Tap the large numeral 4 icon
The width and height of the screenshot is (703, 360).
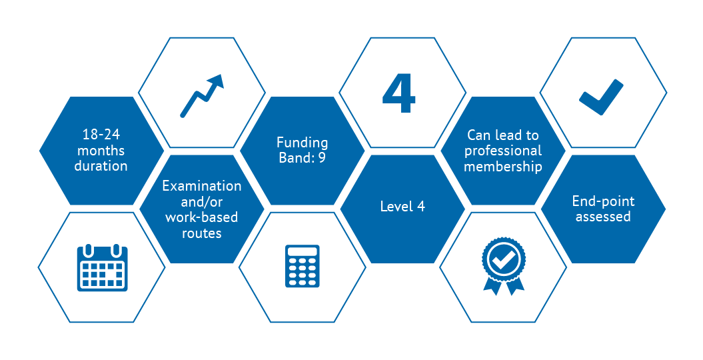click(x=398, y=93)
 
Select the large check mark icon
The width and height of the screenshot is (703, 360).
click(x=601, y=97)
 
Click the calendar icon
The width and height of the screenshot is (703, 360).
click(x=102, y=267)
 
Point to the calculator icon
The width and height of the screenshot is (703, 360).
click(x=303, y=266)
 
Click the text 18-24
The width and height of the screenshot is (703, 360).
click(x=101, y=134)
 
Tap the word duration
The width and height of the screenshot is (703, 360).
click(x=101, y=166)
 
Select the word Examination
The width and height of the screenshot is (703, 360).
click(x=202, y=185)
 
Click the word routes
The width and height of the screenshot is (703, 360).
click(x=202, y=233)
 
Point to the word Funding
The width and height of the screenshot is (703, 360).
click(x=302, y=143)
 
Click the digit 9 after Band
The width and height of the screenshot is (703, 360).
click(x=322, y=158)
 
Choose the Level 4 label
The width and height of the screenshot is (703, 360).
click(x=402, y=206)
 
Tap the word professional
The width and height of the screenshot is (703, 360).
click(x=503, y=151)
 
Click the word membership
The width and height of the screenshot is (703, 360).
click(x=503, y=166)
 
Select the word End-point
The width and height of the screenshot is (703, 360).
click(x=604, y=201)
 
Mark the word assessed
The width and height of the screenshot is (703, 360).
click(x=604, y=217)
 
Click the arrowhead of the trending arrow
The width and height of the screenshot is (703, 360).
click(x=216, y=81)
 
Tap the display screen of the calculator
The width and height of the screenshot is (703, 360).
click(x=303, y=251)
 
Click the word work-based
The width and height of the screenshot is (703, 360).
click(x=202, y=217)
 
